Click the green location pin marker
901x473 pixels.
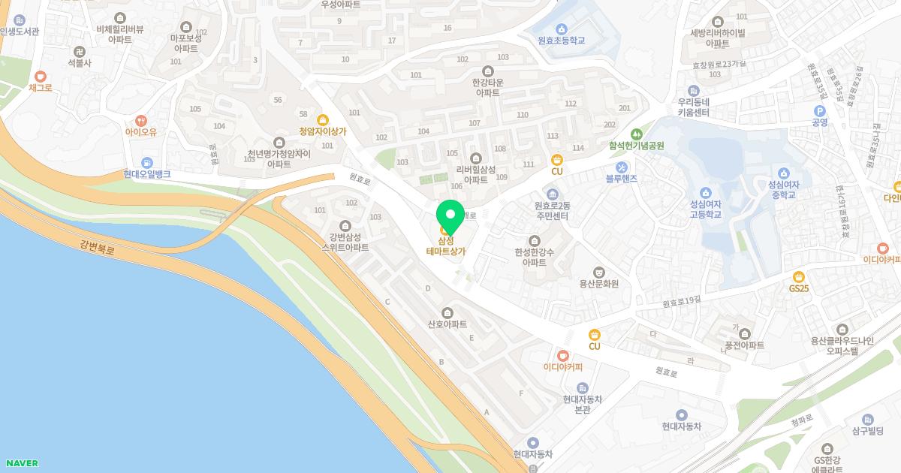click(x=450, y=216)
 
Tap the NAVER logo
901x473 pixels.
click(x=20, y=463)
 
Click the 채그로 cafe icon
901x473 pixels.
click(x=40, y=76)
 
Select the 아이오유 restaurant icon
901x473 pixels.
click(x=141, y=120)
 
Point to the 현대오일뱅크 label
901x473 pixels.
click(x=147, y=174)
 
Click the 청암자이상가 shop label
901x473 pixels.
click(x=323, y=131)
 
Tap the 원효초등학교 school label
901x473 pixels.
click(x=561, y=40)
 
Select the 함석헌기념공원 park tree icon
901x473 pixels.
click(x=637, y=134)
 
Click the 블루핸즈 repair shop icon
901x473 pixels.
click(x=621, y=167)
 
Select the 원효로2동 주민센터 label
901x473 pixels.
click(x=552, y=211)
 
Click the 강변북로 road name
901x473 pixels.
click(x=97, y=248)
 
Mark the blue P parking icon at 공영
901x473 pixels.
click(x=819, y=110)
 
